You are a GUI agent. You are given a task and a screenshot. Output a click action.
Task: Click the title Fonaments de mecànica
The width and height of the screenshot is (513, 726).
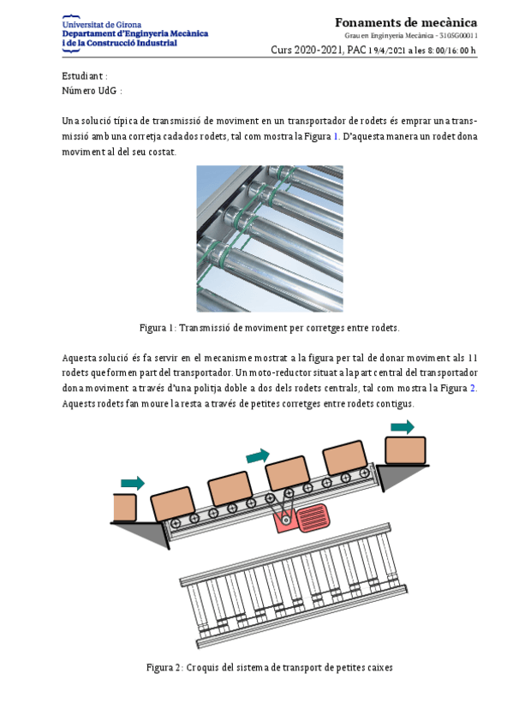click(406, 22)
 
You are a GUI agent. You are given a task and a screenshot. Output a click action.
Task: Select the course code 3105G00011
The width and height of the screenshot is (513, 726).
click(458, 36)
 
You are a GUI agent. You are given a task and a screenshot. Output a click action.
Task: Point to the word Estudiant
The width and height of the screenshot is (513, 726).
click(82, 76)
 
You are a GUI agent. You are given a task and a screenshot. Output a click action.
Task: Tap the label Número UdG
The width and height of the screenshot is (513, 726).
click(89, 91)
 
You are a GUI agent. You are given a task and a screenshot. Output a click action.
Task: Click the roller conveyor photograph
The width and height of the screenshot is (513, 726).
click(270, 239)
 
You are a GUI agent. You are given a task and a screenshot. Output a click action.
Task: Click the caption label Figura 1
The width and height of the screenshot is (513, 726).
click(158, 328)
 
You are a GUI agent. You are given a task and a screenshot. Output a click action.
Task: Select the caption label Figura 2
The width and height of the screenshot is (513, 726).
click(164, 668)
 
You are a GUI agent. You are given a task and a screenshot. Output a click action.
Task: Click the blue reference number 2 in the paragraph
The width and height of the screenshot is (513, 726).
click(473, 388)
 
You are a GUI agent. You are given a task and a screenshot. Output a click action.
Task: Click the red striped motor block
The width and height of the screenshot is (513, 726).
click(313, 519)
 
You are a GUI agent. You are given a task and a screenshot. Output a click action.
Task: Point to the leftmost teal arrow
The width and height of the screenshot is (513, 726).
click(133, 484)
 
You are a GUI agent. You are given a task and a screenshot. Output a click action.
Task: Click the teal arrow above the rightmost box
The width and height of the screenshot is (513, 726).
click(403, 427)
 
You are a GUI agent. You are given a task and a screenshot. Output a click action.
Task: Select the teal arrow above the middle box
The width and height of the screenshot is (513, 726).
click(258, 456)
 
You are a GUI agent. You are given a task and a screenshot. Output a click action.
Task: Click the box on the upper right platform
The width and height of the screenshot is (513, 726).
click(406, 450)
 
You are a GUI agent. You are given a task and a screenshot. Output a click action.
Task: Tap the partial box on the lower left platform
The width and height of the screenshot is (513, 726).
click(125, 508)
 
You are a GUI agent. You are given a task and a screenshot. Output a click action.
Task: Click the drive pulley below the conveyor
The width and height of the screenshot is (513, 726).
click(286, 521)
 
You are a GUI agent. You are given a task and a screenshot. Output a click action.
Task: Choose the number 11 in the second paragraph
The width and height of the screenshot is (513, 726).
click(472, 358)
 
